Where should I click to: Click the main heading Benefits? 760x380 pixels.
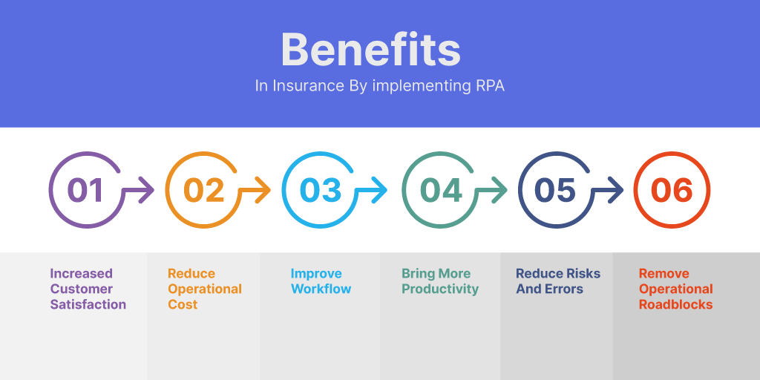tap(371, 50)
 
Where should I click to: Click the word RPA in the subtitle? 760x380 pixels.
tap(488, 86)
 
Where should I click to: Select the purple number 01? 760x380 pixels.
tap(85, 190)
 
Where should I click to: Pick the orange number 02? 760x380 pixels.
tap(204, 190)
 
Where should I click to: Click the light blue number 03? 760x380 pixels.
tap(321, 190)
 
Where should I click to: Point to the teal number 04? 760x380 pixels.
tap(441, 190)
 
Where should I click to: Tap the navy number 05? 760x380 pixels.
tap(555, 190)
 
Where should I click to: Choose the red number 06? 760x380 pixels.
tap(672, 190)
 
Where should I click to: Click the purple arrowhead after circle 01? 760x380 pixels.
tap(147, 190)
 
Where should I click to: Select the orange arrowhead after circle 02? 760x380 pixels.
tap(263, 190)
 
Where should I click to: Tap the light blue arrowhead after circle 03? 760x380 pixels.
tap(379, 190)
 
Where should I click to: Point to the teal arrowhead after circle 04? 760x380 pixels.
tap(499, 190)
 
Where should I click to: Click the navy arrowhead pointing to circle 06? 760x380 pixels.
tap(615, 190)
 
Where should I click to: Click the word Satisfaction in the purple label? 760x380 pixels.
tap(88, 304)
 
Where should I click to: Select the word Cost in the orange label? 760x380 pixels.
tap(183, 304)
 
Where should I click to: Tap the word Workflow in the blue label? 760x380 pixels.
tap(321, 289)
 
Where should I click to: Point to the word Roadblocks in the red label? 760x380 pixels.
tap(675, 304)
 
